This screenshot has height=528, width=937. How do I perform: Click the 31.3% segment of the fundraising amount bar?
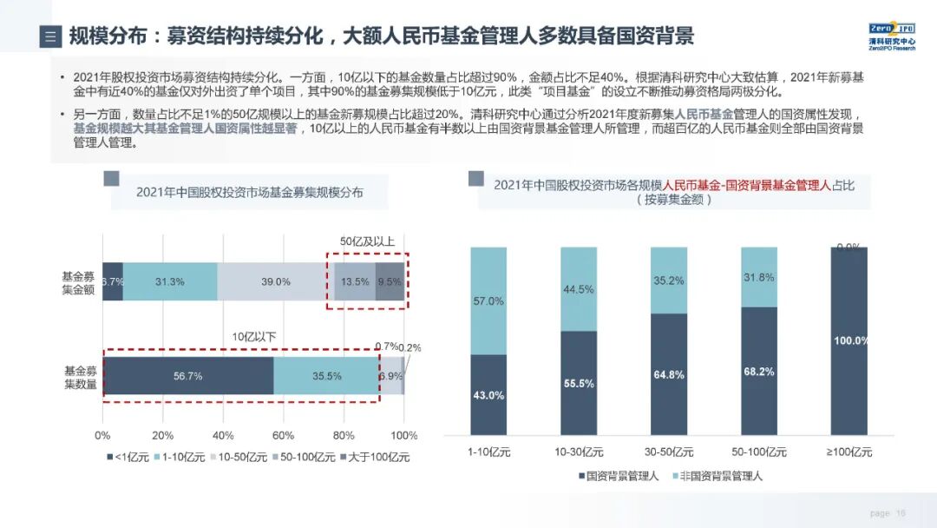coord(170,281)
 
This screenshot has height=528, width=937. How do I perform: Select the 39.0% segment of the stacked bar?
coord(275,281)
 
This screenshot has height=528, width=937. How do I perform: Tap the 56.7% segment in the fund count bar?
coord(188,376)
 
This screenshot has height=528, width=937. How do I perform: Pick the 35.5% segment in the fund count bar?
coord(327,376)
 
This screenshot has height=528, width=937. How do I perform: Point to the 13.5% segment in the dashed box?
coord(355,281)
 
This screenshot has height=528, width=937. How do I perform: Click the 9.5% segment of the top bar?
coord(390,281)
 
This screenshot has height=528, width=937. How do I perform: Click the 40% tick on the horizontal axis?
coord(223,435)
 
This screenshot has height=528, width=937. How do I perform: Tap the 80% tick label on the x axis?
coord(344,435)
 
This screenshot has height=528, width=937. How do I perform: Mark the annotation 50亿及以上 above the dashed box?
coord(367,241)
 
